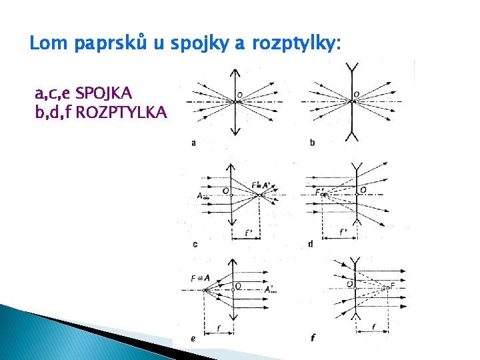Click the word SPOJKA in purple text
click(x=104, y=91)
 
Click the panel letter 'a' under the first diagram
click(x=193, y=142)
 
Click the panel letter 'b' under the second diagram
click(x=312, y=142)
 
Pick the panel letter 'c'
click(x=195, y=244)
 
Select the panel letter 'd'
click(x=311, y=244)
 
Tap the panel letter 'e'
click(x=193, y=339)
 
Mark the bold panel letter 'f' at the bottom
click(x=312, y=338)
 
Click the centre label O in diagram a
click(x=239, y=94)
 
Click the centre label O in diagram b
click(x=356, y=94)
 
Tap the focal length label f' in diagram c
click(x=248, y=233)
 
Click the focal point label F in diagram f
click(x=393, y=285)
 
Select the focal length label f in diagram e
click(x=220, y=327)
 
